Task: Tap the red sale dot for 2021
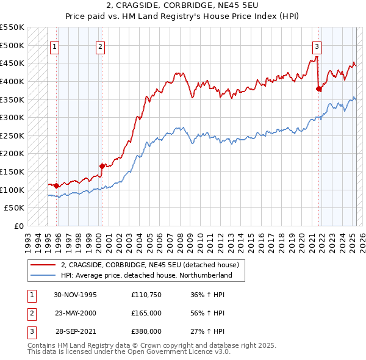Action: [318, 88]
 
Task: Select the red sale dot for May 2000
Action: [102, 165]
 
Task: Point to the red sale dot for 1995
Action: [57, 185]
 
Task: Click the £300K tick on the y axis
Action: [13, 117]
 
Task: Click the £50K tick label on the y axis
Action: [15, 208]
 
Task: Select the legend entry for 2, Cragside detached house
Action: [152, 265]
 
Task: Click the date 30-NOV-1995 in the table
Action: [75, 295]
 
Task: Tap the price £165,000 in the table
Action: [146, 313]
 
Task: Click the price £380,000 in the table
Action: [146, 331]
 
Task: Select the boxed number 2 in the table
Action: [30, 313]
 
